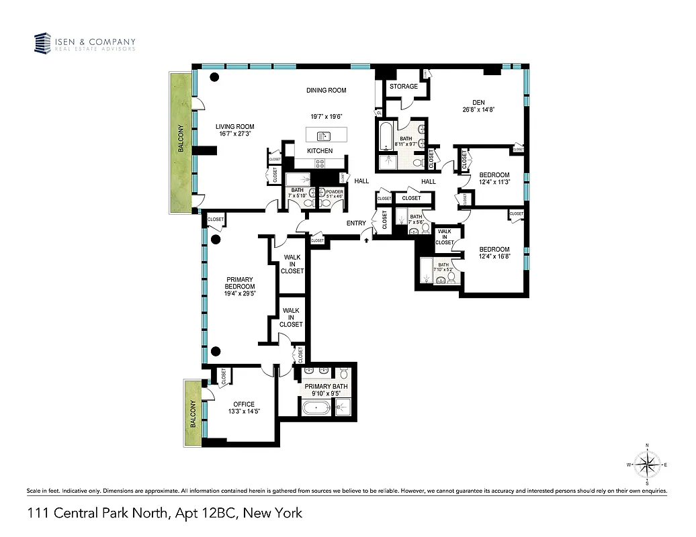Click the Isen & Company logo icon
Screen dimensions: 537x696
tap(43, 44)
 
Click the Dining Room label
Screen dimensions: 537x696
tap(326, 91)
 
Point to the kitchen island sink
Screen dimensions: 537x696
tap(320, 136)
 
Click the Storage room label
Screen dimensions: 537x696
tap(403, 87)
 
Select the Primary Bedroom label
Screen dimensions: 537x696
tap(240, 283)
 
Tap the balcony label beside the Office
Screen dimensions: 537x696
tap(193, 414)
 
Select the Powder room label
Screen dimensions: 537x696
tap(334, 192)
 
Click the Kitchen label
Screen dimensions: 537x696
tap(320, 151)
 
